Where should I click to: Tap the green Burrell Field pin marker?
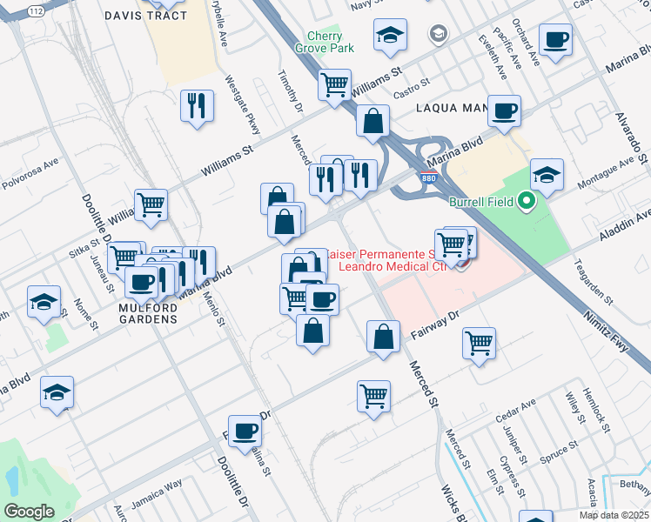[x=526, y=203]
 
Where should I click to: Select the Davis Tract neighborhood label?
[x=140, y=16]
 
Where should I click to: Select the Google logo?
[x=29, y=512]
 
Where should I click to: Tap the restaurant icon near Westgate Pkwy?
[x=197, y=106]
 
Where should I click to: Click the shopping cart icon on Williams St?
[x=334, y=84]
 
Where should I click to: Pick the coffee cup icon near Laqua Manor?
[x=504, y=110]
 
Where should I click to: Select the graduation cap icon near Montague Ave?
[x=546, y=175]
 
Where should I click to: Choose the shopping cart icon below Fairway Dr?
[x=373, y=396]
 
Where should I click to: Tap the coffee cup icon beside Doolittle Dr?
[x=245, y=430]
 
